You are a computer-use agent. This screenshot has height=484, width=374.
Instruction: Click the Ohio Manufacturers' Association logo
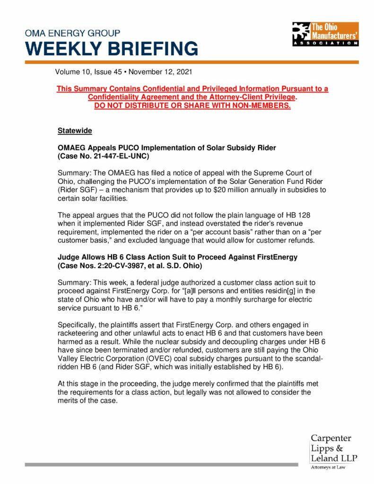[x=325, y=34]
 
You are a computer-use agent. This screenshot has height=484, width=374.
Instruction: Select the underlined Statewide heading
[x=75, y=130]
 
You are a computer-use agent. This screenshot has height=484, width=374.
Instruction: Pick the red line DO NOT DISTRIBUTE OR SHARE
[x=192, y=105]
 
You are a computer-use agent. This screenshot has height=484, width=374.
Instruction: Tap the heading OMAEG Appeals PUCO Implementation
[x=166, y=147]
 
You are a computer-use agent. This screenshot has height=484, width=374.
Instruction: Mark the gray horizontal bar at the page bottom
[x=161, y=465]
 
